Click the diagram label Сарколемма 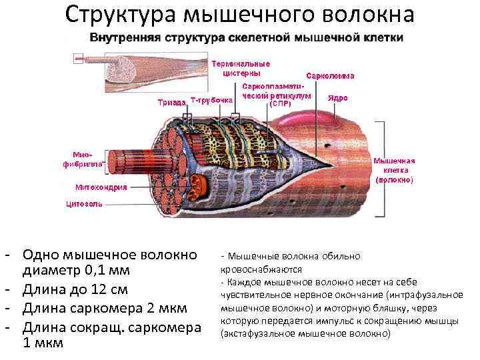pos(330,75)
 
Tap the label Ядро pos(337,98)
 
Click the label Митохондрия pos(101,187)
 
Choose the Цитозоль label pos(84,203)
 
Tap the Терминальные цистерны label pos(241,68)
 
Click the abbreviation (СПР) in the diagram pos(279,103)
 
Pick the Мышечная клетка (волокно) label pos(393,170)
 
